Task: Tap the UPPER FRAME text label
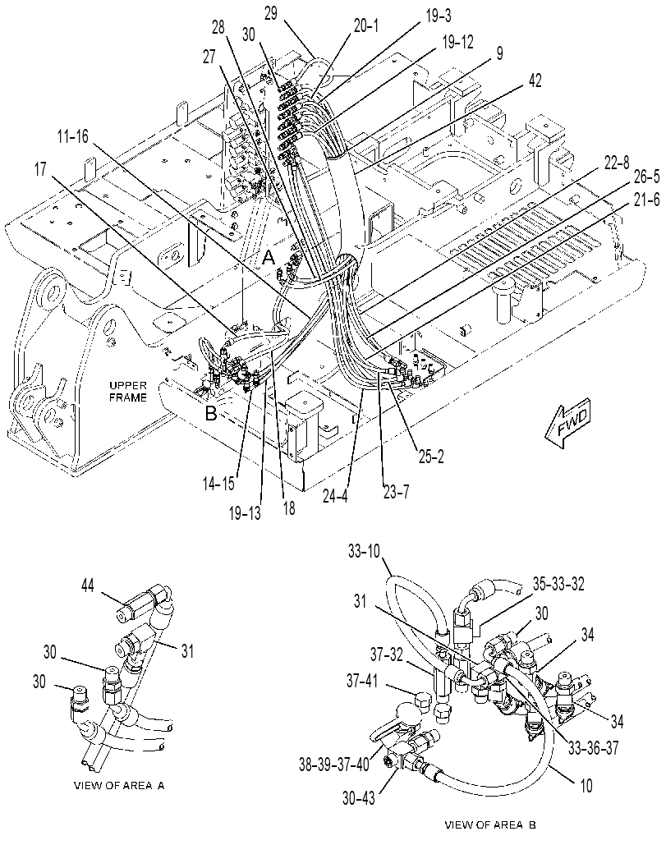[x=128, y=392]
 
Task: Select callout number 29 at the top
[x=271, y=14]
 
